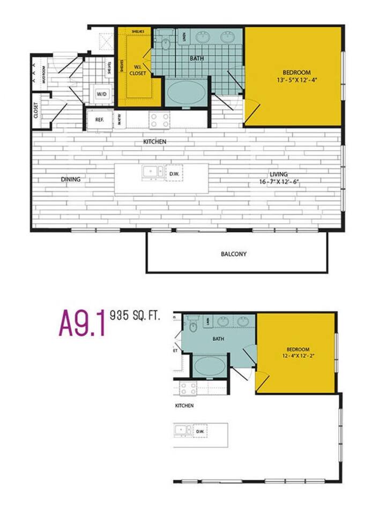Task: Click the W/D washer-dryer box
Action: coord(101,94)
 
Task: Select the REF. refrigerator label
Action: coord(99,120)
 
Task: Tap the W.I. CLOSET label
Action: coord(138,71)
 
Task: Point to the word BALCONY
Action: coord(234,254)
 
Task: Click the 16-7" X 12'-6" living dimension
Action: coord(279,182)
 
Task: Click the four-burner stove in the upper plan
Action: coord(159,120)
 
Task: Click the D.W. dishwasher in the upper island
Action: coord(174,173)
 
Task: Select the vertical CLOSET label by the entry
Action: coord(36,111)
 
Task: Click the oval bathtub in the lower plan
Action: coord(210,367)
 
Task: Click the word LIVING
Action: coord(279,174)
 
